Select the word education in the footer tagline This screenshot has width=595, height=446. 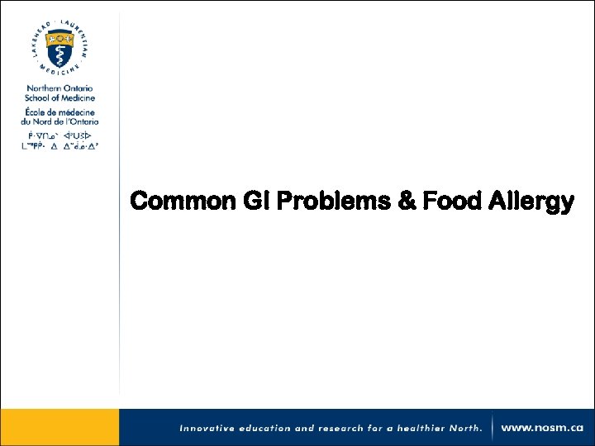266,429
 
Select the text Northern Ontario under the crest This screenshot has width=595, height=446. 59,88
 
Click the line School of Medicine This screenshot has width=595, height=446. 59,97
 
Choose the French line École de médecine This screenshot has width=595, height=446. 59,111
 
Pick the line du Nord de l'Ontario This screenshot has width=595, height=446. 59,121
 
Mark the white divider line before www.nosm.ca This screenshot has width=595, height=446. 493,428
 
